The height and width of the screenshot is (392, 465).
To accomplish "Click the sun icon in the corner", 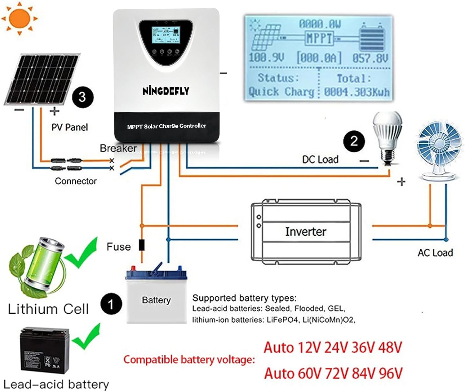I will (19, 18).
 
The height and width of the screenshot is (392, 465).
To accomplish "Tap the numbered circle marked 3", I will (82, 97).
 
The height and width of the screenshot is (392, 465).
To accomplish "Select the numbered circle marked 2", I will (354, 141).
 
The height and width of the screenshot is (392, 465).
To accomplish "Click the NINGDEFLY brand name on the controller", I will (166, 91).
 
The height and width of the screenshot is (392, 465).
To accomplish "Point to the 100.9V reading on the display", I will (266, 58).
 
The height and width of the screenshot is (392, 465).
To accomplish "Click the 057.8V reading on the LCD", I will (370, 58).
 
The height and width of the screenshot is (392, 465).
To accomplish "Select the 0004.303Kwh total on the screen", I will (356, 92).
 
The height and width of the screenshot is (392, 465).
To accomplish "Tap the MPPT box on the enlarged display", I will (319, 38).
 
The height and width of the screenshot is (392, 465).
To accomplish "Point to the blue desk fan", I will (439, 152).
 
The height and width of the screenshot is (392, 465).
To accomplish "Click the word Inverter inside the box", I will (305, 232).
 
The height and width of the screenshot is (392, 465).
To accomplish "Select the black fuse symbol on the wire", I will (142, 245).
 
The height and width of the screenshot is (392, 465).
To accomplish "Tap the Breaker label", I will (118, 148).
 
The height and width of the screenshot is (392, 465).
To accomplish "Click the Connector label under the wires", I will (76, 181).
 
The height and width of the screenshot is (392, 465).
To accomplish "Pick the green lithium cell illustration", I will (40, 266).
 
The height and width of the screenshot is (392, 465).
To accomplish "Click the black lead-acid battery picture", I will (45, 350).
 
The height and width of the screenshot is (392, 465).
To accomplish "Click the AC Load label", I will (435, 253).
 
